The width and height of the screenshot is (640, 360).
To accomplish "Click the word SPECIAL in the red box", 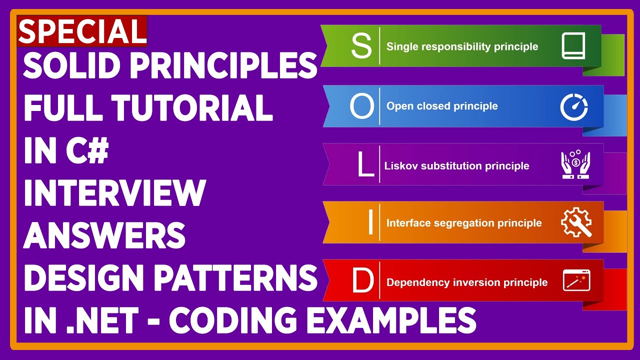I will click(82, 31).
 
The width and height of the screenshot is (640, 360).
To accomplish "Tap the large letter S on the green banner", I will click(361, 46).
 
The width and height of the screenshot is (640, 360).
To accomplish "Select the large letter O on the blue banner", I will click(361, 105).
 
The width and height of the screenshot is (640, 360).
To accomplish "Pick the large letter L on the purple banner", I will click(365, 165).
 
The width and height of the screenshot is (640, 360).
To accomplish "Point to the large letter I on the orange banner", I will click(370, 222).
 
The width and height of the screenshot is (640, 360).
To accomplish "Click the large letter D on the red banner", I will click(362, 282).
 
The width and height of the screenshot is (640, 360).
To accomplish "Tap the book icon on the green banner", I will click(573, 46).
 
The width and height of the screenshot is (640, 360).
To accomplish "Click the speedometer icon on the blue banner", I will click(573, 106).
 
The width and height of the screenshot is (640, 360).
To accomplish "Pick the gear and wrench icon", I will click(576, 222).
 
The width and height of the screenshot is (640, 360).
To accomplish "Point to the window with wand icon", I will click(576, 280).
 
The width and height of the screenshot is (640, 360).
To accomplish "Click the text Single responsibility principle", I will click(462, 46).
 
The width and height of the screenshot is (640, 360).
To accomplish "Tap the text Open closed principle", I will click(442, 106).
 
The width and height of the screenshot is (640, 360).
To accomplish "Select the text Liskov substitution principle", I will click(456, 165).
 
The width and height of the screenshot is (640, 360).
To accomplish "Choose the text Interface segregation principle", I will click(464, 223).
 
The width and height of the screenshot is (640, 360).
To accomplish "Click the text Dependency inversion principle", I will click(467, 282).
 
